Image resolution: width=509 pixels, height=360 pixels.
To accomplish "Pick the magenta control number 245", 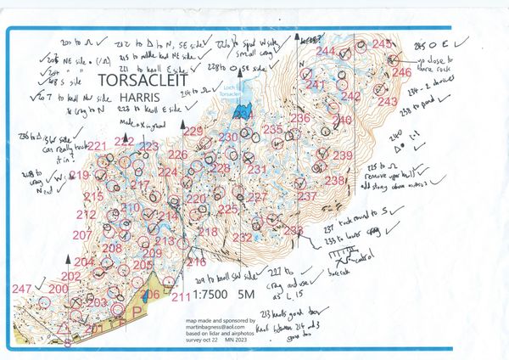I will tap(383, 44).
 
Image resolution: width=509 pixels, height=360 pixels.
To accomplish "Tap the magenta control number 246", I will tap(400, 73).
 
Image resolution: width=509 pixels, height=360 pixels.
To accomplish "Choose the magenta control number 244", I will tap(326, 52).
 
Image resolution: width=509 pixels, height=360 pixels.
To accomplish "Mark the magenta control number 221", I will tap(98, 147).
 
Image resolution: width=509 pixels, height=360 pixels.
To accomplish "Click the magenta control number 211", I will tap(181, 296).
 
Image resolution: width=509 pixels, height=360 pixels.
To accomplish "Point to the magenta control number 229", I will tap(193, 131).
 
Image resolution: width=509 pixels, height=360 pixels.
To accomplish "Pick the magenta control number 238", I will tap(335, 180).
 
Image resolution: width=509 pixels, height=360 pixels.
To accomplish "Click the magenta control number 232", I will tap(243, 237).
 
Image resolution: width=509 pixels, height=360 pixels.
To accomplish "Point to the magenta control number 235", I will tap(273, 130).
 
